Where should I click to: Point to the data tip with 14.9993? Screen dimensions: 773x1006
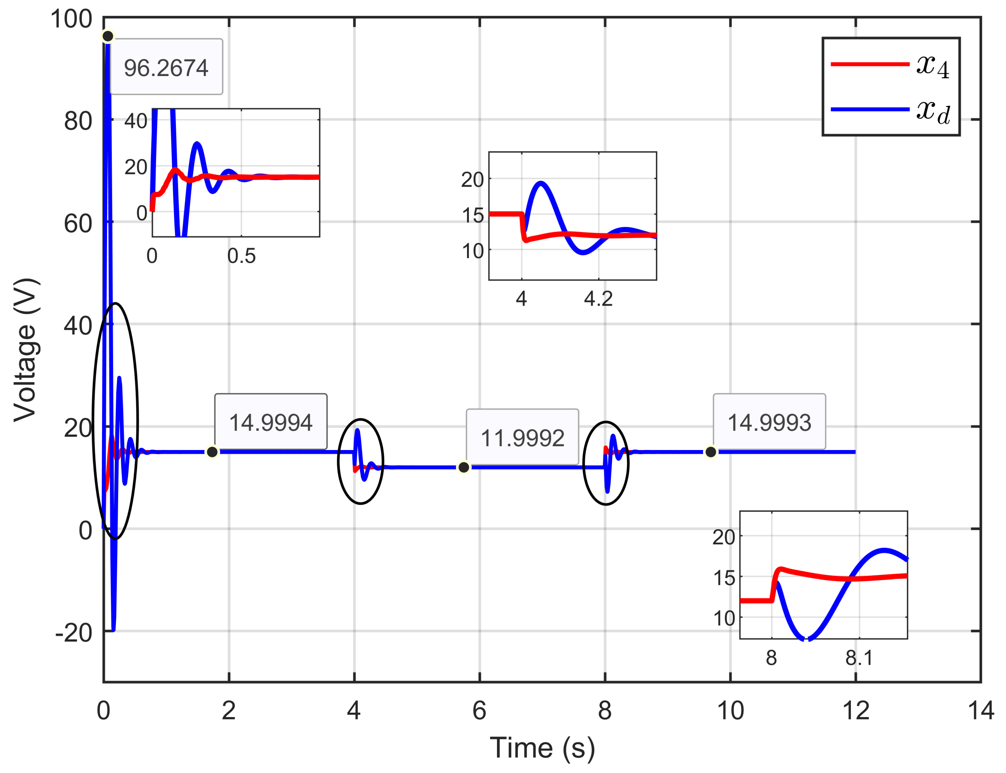coord(769,422)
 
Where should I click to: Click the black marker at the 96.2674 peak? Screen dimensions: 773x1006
coord(108,36)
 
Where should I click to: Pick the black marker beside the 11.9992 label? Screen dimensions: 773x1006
coord(464,468)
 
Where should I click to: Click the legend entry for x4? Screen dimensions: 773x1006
coord(890,64)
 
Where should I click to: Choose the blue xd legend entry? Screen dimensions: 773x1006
coord(890,109)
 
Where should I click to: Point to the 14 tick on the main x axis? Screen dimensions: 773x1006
coord(981,711)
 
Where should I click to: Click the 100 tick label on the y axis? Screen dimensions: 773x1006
coord(71,20)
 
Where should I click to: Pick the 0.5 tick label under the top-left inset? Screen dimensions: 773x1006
coord(241,256)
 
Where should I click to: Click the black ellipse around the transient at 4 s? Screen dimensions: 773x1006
coord(338,461)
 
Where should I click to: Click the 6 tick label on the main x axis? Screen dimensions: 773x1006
coord(479,711)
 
